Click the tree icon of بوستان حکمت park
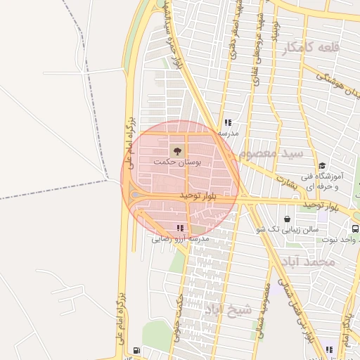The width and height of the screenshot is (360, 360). coord(176,150)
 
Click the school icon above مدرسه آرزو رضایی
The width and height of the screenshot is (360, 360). coord(180,228)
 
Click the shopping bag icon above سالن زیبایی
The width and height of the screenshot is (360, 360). coord(290,218)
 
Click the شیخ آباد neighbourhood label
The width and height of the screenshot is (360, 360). coord(228,309)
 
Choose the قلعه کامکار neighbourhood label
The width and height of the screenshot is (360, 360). coord(310,48)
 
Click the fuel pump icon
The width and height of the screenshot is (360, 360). coord(136,350)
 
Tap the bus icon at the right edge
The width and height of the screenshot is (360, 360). coord(354,229)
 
